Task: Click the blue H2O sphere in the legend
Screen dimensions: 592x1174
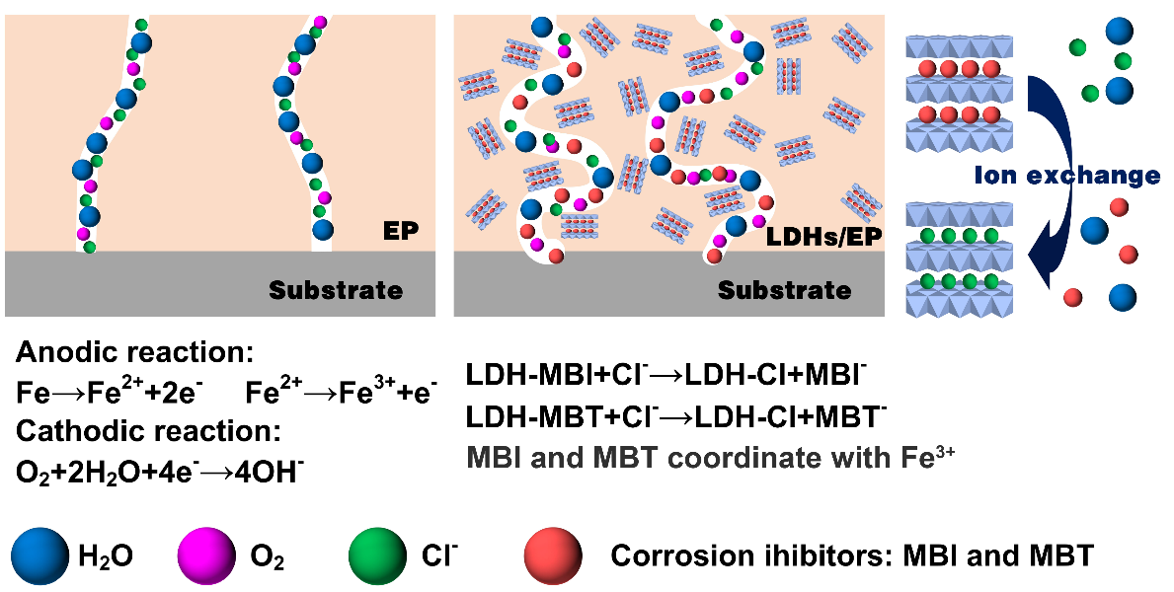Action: pos(40,555)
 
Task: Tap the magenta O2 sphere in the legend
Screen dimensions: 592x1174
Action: pos(206,555)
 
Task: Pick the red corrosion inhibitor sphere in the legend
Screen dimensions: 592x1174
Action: pos(553,555)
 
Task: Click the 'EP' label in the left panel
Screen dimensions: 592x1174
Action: pos(401,233)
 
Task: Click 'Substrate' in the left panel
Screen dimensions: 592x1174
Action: pos(336,290)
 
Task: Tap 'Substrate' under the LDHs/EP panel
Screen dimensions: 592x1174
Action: pos(784,290)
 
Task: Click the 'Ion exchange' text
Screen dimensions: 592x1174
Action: pos(1066,177)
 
